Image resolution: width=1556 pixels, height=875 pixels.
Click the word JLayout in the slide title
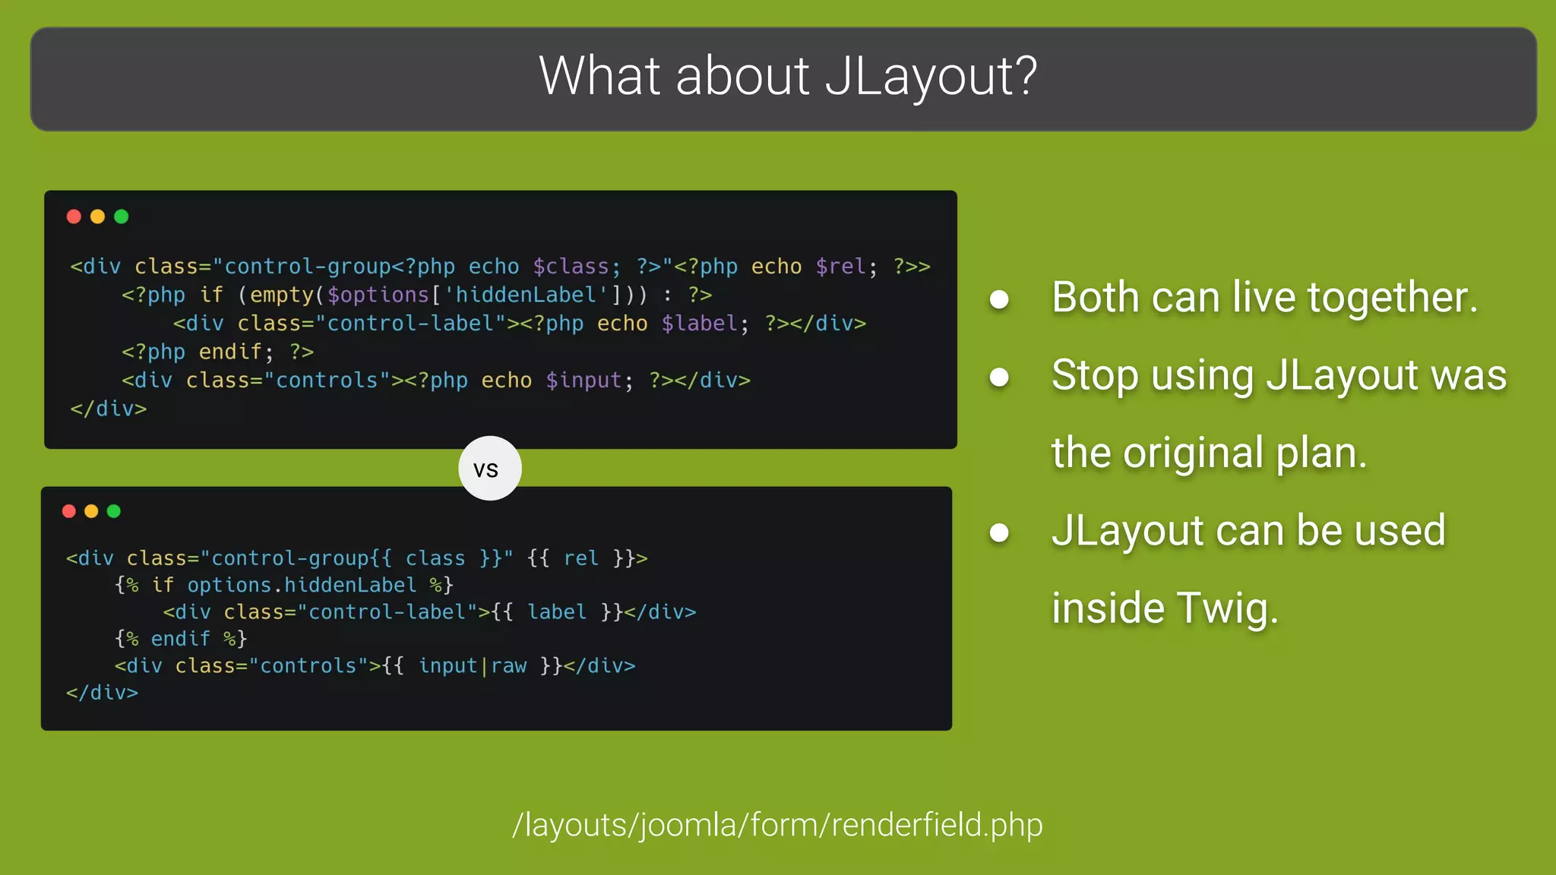(x=930, y=77)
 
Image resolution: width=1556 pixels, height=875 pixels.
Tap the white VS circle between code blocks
(x=490, y=469)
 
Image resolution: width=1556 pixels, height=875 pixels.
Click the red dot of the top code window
(x=74, y=216)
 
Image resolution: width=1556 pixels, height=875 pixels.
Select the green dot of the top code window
(x=122, y=216)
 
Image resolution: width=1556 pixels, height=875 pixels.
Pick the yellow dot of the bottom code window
(x=91, y=511)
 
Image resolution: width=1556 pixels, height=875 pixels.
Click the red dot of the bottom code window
(x=69, y=511)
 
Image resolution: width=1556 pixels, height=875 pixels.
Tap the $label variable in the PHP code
(x=699, y=324)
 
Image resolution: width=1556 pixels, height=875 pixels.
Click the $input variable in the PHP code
(x=583, y=381)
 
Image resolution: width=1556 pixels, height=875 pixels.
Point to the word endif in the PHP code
(x=230, y=352)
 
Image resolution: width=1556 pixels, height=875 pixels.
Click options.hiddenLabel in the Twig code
(x=302, y=585)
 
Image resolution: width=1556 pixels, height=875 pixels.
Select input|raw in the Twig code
(x=473, y=666)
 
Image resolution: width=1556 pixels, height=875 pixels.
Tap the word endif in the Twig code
(x=180, y=639)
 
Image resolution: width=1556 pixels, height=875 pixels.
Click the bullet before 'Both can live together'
(x=999, y=299)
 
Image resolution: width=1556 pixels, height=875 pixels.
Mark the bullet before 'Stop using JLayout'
(x=999, y=377)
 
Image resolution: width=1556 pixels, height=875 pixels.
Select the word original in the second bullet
(x=1192, y=453)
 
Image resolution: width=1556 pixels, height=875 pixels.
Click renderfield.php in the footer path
(x=937, y=825)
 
